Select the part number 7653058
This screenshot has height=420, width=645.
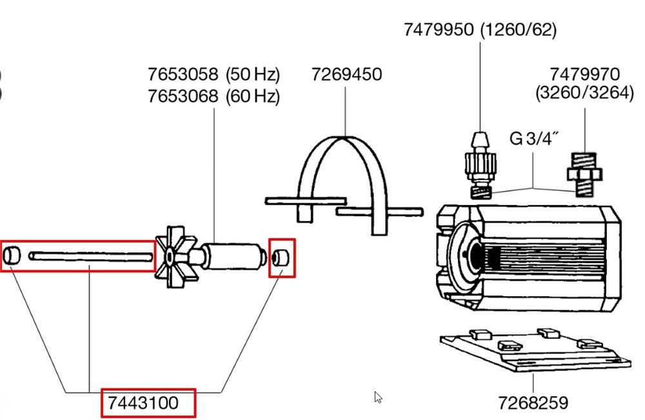tap(184, 74)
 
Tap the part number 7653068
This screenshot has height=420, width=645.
tap(184, 97)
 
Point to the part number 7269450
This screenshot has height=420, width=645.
tap(346, 74)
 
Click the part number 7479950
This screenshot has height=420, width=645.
tap(439, 30)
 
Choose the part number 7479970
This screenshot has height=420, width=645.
tap(584, 74)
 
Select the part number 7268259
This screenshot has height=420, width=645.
tap(533, 403)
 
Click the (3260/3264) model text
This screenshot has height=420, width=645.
tap(584, 93)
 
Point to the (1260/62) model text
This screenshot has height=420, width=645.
tap(518, 30)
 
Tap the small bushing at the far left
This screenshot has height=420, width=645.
tap(12, 256)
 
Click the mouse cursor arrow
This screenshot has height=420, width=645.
tap(378, 397)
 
